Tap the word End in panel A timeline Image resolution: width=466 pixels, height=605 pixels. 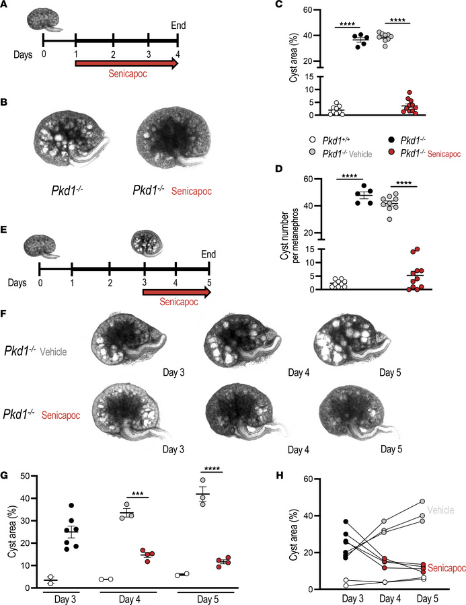click(x=178, y=27)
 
